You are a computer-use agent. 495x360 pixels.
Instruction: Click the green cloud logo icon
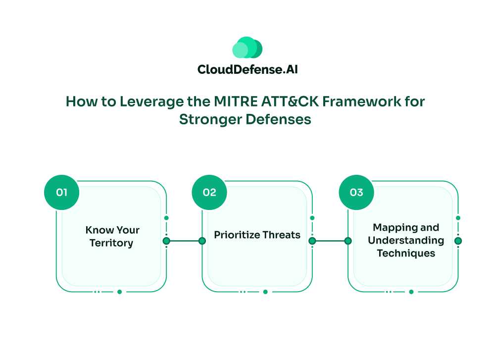247,48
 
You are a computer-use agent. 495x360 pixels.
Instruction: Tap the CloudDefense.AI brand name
247,69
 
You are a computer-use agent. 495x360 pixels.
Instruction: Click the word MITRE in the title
236,102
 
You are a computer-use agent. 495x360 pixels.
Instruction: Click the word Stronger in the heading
210,120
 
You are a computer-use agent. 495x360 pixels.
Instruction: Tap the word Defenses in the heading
278,119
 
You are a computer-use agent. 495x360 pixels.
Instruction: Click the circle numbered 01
61,192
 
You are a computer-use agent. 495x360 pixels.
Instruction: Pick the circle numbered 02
209,192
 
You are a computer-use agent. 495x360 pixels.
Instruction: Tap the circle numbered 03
356,192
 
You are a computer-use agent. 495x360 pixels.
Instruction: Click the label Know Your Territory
112,237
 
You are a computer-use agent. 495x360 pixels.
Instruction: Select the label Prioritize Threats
257,235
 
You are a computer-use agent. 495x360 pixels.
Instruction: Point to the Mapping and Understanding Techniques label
406,240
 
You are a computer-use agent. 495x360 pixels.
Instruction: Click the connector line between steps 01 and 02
184,241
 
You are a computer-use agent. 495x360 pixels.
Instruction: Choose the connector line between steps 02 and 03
330,241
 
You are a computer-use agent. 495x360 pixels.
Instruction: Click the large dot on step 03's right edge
458,241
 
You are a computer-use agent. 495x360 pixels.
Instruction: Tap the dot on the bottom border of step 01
120,292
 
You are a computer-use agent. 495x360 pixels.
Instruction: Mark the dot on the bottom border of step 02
265,292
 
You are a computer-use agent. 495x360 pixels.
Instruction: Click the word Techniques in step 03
406,253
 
